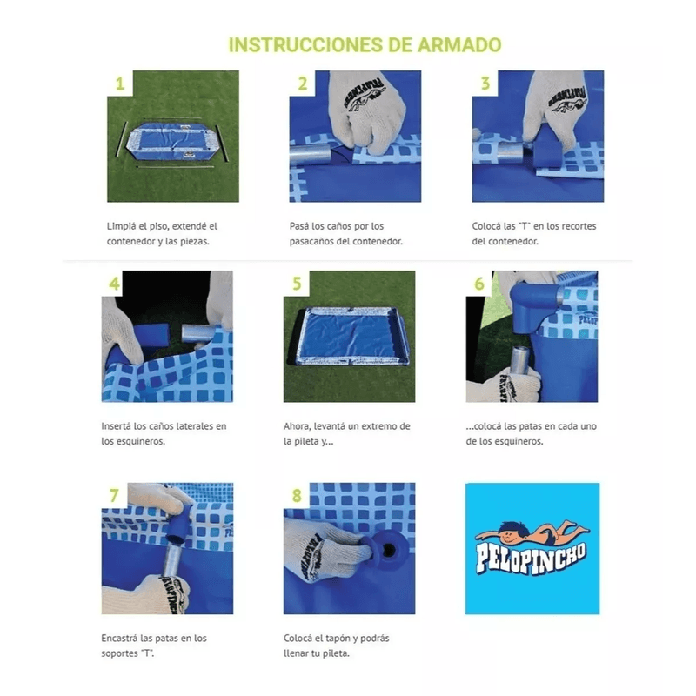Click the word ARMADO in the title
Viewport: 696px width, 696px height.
[x=459, y=45]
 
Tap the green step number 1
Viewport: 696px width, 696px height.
[x=120, y=84]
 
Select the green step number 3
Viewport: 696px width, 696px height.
[x=485, y=83]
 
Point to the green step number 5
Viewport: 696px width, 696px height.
[x=297, y=284]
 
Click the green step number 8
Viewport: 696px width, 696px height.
[x=297, y=495]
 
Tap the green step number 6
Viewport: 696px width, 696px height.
[x=479, y=284]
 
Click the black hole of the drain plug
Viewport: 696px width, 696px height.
[x=389, y=551]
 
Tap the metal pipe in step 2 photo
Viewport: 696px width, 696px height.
[x=311, y=155]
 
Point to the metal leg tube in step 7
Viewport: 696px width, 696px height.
[x=171, y=563]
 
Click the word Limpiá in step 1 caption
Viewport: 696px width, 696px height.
[x=121, y=226]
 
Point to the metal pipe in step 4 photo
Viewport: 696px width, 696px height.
[x=199, y=333]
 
